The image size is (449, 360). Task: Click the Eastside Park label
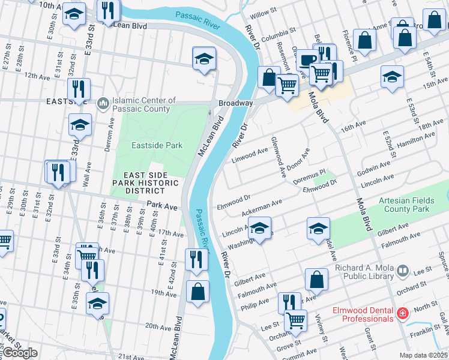coord(157,145)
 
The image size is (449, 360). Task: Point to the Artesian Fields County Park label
coord(412,205)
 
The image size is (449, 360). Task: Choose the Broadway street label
coord(235,103)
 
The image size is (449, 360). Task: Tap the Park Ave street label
coord(163,206)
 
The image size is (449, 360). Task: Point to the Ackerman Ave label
coord(261,209)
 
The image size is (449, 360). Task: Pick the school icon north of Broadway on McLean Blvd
coord(204,59)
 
